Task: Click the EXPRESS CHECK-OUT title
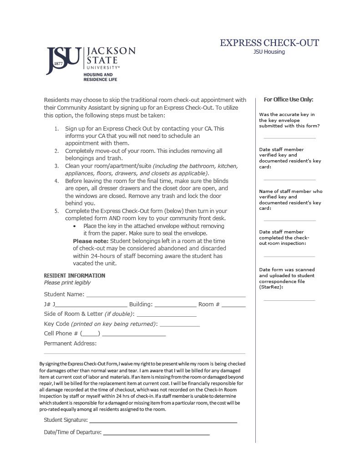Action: (269, 43)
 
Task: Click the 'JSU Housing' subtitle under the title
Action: (269, 52)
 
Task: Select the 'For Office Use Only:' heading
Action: (289, 100)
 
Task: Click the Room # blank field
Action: (233, 304)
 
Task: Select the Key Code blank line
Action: (179, 324)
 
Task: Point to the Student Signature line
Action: (163, 420)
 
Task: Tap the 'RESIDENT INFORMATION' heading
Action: (74, 276)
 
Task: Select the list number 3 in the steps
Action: (56, 166)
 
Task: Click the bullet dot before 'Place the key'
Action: (75, 226)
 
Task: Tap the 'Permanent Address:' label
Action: (70, 344)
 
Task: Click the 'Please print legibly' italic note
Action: (67, 283)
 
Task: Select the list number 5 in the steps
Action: (56, 211)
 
